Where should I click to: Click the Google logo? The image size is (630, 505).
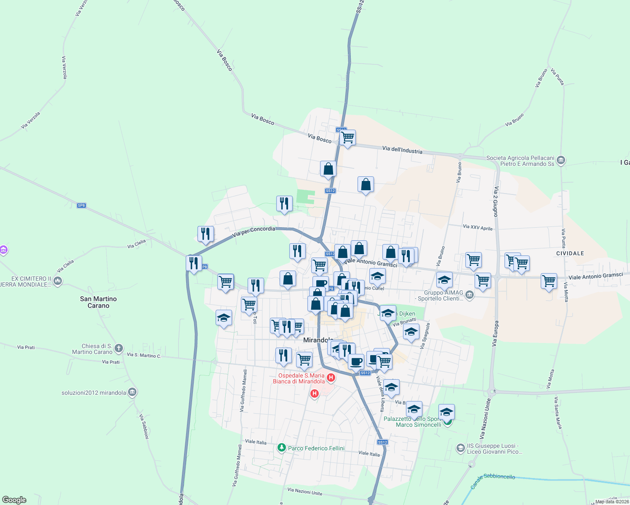pyautogui.click(x=14, y=500)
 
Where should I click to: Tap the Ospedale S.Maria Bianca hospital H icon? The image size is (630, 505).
pyautogui.click(x=331, y=377)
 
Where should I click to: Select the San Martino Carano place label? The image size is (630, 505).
pyautogui.click(x=99, y=302)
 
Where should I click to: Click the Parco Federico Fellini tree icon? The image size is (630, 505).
pyautogui.click(x=282, y=448)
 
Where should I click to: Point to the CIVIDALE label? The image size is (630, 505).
pyautogui.click(x=570, y=253)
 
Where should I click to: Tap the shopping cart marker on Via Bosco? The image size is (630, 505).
pyautogui.click(x=348, y=138)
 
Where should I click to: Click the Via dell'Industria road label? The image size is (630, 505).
pyautogui.click(x=402, y=150)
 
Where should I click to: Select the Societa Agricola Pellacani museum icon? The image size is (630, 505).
pyautogui.click(x=561, y=160)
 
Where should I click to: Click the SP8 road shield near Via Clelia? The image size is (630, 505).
pyautogui.click(x=81, y=205)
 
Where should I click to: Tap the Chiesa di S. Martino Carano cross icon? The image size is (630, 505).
pyautogui.click(x=119, y=348)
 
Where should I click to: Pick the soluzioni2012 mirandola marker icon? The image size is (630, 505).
pyautogui.click(x=132, y=392)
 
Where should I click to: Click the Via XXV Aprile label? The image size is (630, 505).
pyautogui.click(x=478, y=228)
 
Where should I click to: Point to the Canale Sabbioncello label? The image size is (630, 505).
pyautogui.click(x=493, y=480)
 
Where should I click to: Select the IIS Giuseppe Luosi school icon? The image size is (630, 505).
pyautogui.click(x=460, y=448)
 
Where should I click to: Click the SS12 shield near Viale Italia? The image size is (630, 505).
pyautogui.click(x=382, y=442)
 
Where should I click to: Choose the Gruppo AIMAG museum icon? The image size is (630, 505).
pyautogui.click(x=470, y=295)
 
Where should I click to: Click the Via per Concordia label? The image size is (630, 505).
pyautogui.click(x=254, y=231)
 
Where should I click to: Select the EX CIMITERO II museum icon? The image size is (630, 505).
pyautogui.click(x=58, y=281)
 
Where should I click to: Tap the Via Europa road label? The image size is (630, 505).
pyautogui.click(x=496, y=333)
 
